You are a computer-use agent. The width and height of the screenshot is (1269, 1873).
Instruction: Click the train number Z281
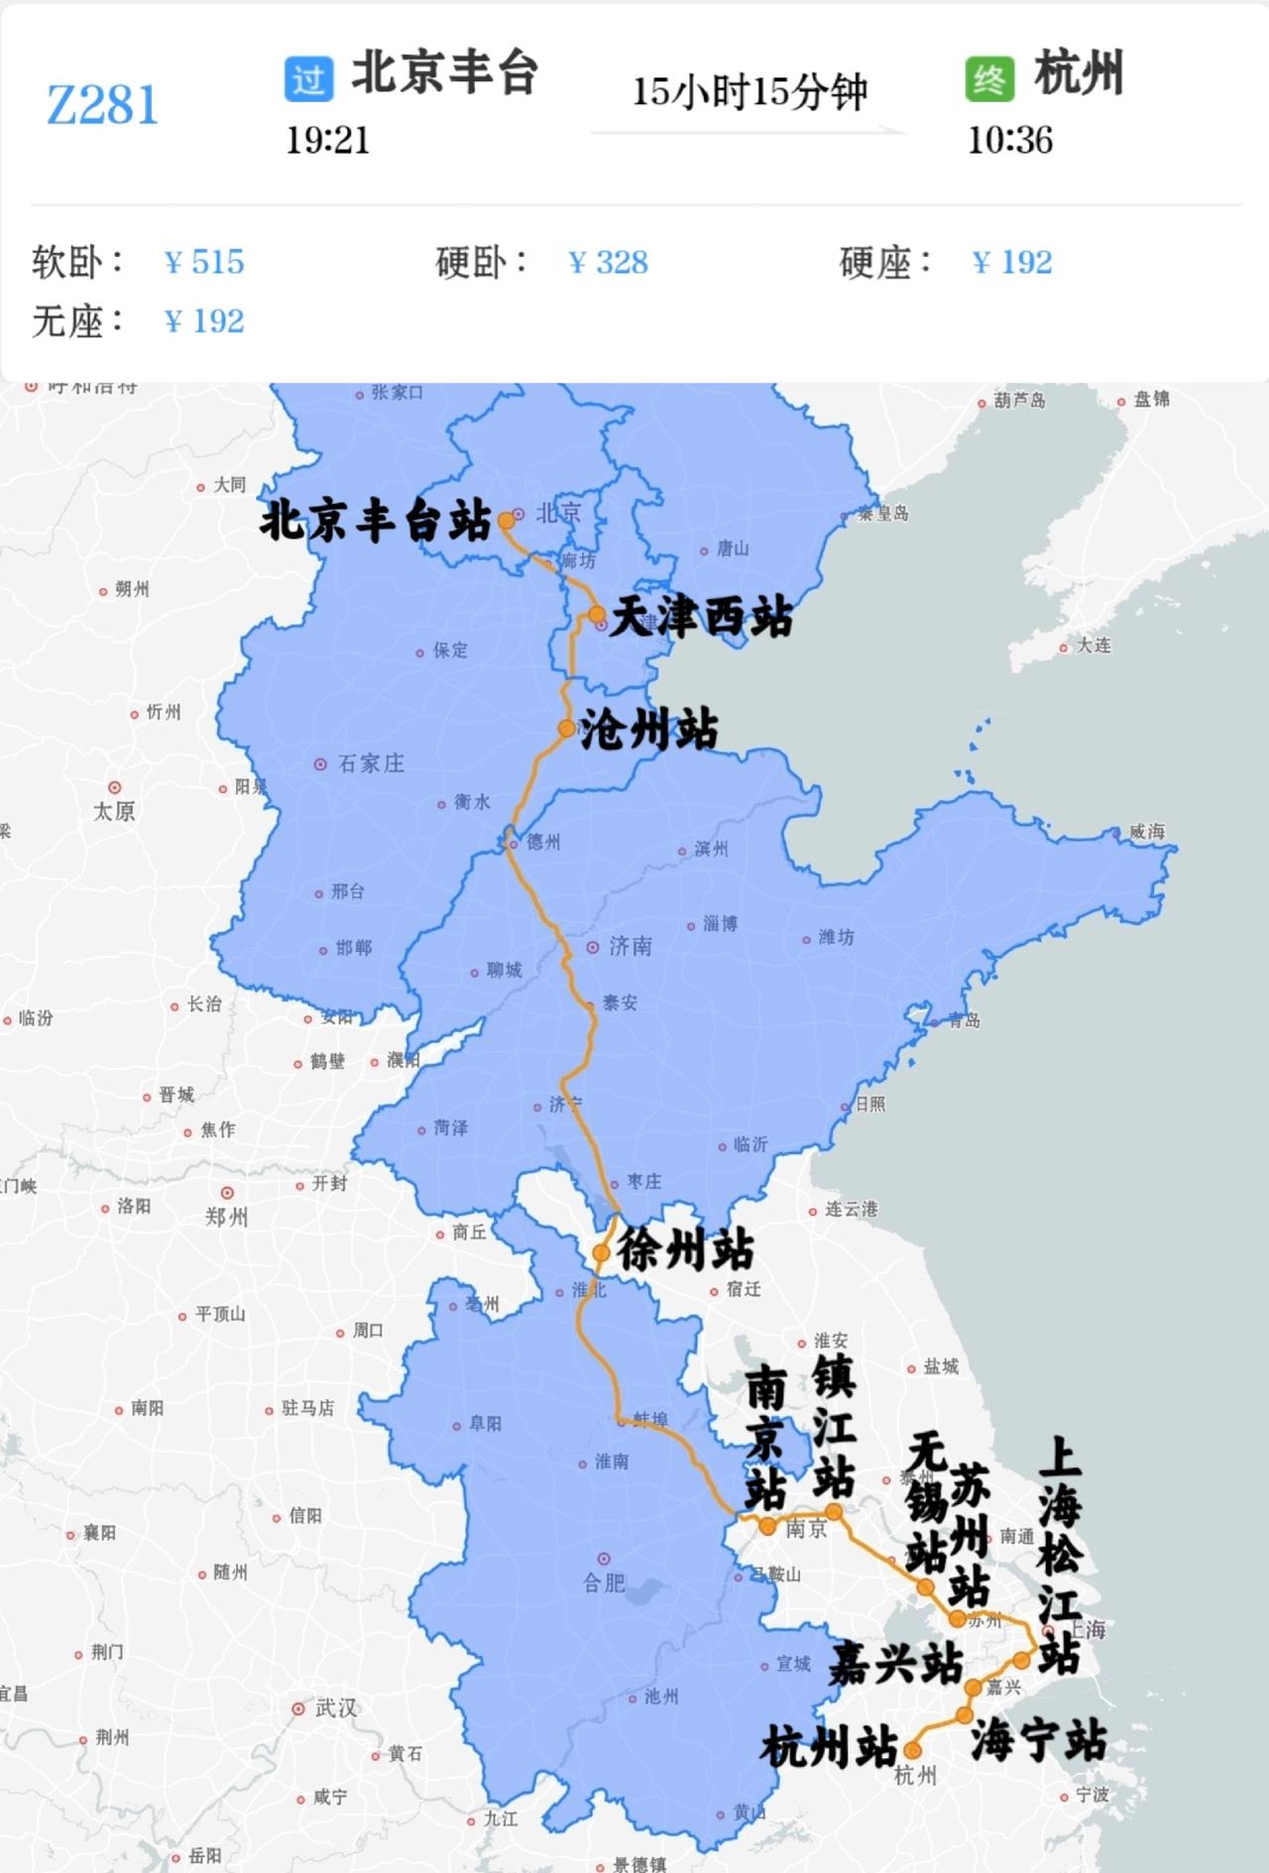tap(103, 105)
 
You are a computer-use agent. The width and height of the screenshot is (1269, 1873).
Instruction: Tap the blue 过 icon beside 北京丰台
tap(308, 78)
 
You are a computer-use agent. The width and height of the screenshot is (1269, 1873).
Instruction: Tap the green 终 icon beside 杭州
tap(988, 78)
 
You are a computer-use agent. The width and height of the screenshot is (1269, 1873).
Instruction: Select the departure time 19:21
tap(327, 141)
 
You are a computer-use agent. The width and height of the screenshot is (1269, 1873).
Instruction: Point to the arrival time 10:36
tap(1009, 141)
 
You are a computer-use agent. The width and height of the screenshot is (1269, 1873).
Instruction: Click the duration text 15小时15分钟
tap(750, 92)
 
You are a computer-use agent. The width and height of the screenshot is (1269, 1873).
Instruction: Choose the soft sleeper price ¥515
tap(204, 263)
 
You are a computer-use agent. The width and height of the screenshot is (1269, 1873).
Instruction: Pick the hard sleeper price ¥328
tap(609, 263)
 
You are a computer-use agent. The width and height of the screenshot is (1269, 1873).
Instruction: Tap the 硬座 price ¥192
tap(1012, 263)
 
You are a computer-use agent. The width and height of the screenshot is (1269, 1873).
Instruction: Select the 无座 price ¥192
tap(204, 322)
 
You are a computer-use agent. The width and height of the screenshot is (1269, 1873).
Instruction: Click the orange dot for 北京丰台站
tap(506, 520)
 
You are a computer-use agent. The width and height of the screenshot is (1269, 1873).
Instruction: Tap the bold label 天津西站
tap(701, 618)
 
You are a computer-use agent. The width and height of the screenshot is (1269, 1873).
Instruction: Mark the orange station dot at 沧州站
tap(566, 729)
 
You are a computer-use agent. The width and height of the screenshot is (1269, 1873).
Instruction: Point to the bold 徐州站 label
tap(685, 1250)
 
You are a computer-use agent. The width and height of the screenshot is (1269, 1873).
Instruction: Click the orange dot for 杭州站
tap(912, 1751)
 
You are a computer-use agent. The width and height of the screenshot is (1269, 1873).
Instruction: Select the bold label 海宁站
tap(1038, 1742)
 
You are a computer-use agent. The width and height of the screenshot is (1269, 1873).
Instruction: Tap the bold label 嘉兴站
tap(896, 1663)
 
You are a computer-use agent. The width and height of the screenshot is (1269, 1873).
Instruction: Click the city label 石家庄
tap(371, 763)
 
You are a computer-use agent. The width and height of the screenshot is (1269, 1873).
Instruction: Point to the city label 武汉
tap(336, 1708)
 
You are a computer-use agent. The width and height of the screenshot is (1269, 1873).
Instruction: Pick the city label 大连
tap(1094, 645)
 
